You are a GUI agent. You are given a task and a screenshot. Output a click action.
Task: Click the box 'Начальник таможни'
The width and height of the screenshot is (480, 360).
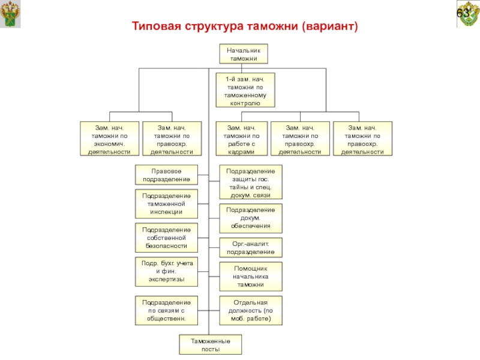click(242, 54)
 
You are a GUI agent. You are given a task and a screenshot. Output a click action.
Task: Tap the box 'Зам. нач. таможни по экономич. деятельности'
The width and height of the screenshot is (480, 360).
click(109, 139)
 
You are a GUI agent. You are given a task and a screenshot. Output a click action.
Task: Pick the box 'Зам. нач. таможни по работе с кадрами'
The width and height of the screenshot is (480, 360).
click(241, 139)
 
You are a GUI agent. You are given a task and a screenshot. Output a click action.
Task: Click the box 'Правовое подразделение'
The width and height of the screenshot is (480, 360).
click(166, 175)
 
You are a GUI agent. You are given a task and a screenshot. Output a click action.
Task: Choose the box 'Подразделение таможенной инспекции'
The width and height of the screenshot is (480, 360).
click(166, 204)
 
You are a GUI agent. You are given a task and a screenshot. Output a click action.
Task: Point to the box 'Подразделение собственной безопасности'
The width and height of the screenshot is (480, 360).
click(166, 238)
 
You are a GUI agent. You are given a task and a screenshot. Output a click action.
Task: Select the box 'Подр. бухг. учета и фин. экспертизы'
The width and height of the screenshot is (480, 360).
click(166, 271)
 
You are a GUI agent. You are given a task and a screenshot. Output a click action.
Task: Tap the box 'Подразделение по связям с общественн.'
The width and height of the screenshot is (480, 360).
click(166, 311)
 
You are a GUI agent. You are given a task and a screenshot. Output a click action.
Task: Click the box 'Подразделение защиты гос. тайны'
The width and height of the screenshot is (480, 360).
click(250, 182)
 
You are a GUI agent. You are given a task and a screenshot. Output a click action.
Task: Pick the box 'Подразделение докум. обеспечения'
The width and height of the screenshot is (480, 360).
click(250, 218)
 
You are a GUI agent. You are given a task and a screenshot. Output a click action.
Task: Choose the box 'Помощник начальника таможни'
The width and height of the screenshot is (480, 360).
click(250, 277)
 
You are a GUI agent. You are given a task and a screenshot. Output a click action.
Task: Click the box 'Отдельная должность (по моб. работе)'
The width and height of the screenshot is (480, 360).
click(250, 311)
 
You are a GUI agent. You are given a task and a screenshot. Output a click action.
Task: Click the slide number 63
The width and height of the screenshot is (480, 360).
click(464, 13)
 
